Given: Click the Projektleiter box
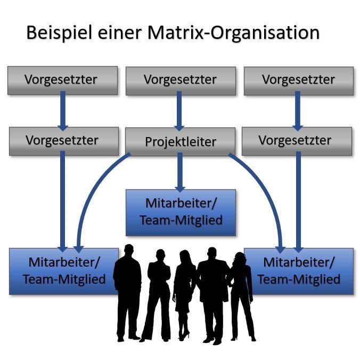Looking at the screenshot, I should [180, 142].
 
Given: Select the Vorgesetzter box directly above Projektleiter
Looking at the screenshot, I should [180, 81].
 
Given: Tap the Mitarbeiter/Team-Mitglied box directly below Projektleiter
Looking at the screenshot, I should [180, 212].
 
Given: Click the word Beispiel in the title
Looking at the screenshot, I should [59, 33].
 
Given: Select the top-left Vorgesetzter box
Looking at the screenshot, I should [62, 81].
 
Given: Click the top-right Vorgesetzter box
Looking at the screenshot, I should [298, 81].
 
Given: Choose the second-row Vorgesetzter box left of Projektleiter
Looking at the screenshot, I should [62, 141].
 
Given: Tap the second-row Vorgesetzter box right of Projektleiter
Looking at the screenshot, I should [297, 141].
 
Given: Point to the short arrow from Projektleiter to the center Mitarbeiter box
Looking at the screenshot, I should [180, 172].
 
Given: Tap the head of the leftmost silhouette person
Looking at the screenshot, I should [128, 251].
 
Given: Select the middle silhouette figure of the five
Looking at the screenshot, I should [184, 293].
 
